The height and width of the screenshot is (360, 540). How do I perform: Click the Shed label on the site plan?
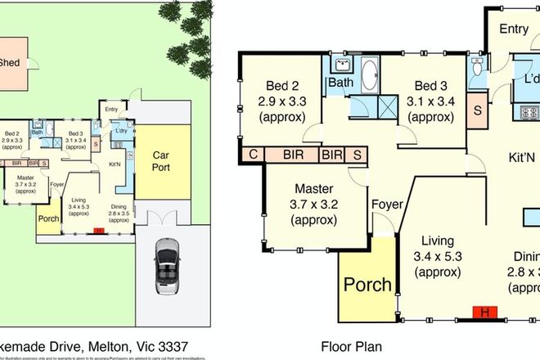(10, 61)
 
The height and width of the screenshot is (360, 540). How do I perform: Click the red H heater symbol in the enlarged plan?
(485, 313)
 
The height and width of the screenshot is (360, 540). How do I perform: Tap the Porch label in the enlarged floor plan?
(367, 286)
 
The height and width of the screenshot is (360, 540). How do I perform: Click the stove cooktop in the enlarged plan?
(530, 111)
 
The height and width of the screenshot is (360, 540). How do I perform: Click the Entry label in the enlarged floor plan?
(514, 29)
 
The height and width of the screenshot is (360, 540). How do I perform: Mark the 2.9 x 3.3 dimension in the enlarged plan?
(281, 101)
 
